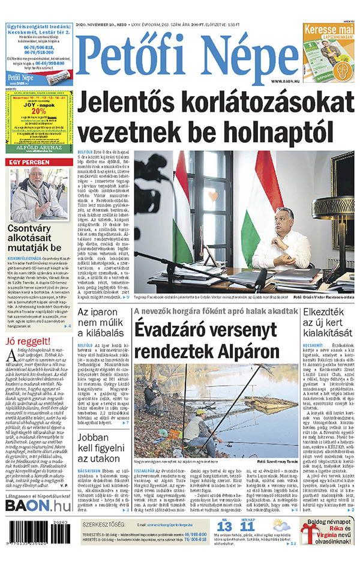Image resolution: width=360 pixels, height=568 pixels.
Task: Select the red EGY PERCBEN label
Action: [29, 163]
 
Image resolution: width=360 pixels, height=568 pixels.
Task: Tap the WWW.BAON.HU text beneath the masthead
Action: [284, 80]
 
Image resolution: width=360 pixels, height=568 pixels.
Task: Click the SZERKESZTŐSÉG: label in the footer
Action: [103, 525]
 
